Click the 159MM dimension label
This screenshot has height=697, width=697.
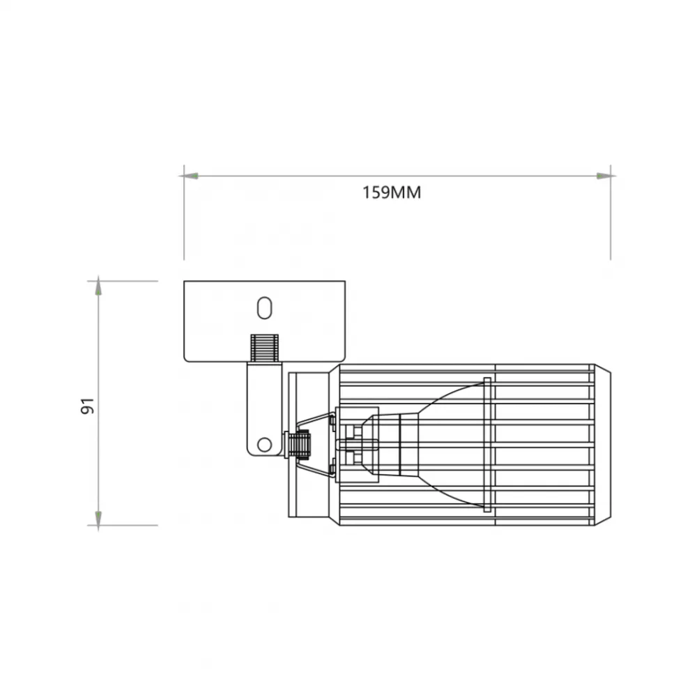[x=392, y=192]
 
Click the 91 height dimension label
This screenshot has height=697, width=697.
[x=88, y=406]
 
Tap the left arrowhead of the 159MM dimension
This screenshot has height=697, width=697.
[x=190, y=176]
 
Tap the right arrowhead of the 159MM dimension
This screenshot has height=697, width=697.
[x=604, y=176]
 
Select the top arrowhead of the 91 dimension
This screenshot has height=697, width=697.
[x=98, y=288]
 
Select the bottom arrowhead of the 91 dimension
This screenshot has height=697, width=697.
[x=98, y=519]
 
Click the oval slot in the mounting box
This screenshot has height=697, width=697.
[x=264, y=307]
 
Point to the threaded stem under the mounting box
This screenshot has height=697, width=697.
[x=264, y=348]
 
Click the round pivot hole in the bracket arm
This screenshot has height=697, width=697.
[x=264, y=444]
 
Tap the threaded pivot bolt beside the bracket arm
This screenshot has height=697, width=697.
[x=298, y=444]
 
